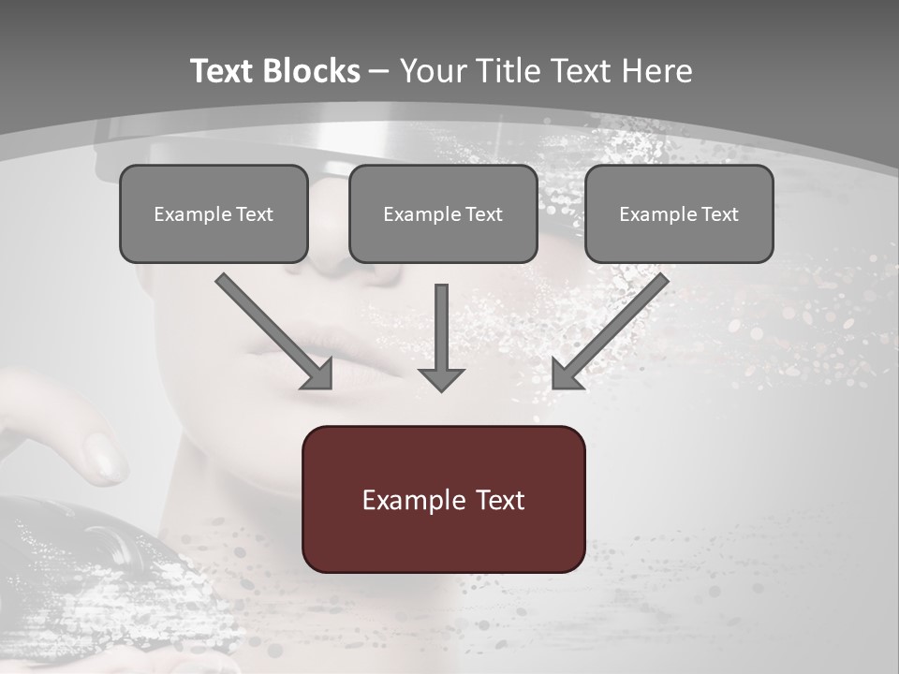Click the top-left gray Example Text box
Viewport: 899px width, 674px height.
214,213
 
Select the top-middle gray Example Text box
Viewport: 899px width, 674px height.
443,213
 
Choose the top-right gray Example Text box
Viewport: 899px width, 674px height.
679,213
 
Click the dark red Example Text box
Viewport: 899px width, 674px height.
443,499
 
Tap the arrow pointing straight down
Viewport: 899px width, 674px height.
441,337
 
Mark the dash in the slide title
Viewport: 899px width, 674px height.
379,71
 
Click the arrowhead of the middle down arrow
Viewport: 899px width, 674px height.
441,378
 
